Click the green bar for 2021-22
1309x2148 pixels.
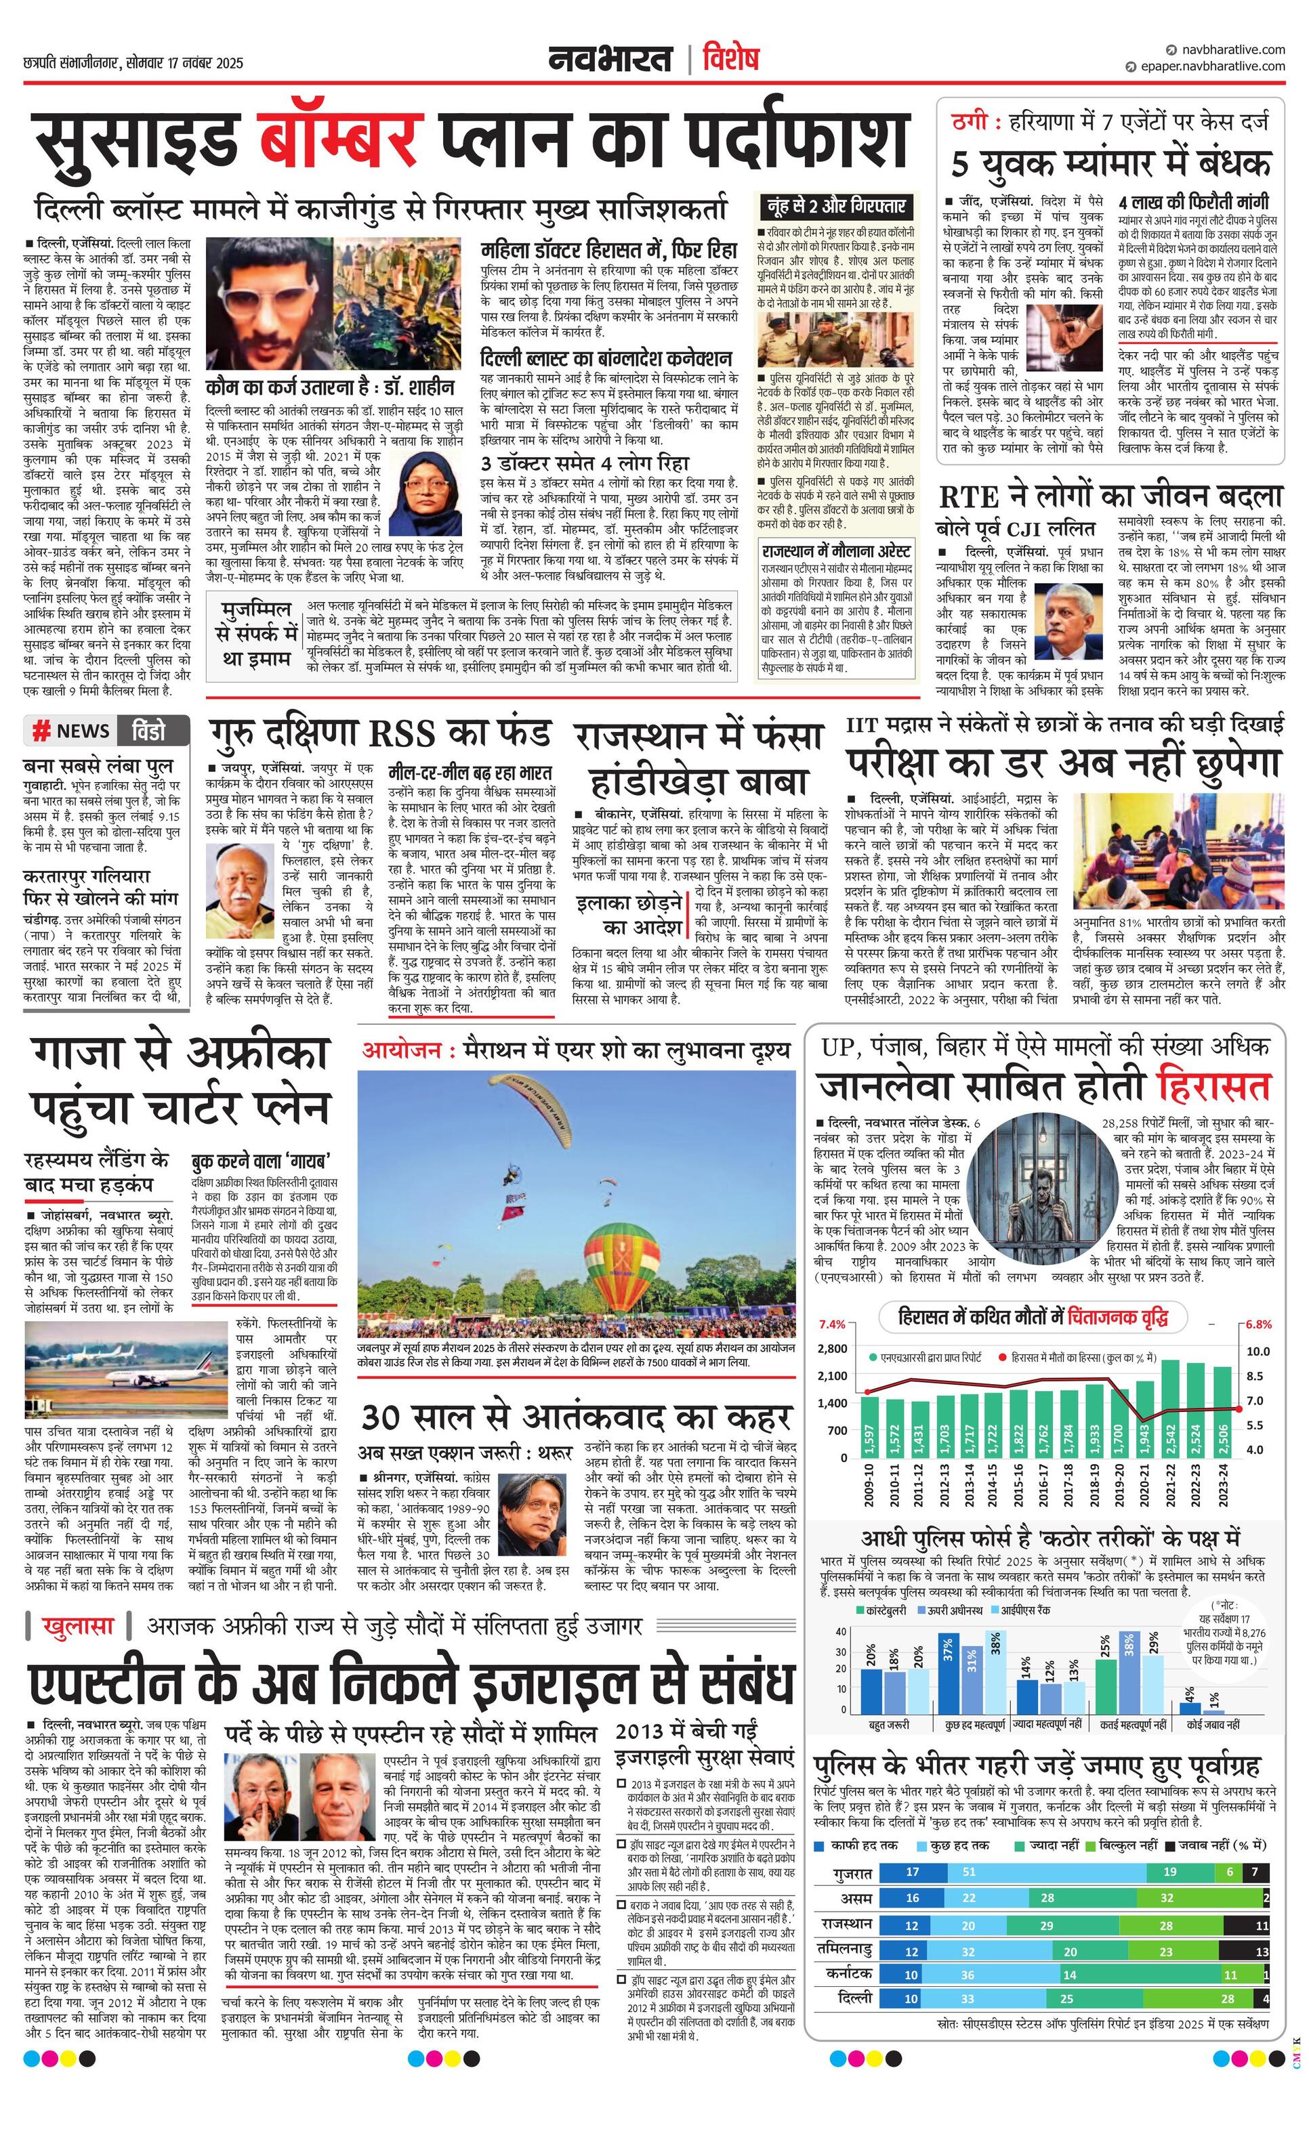point(1170,1408)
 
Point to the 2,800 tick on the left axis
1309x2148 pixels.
point(832,1349)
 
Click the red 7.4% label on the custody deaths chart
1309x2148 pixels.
point(832,1324)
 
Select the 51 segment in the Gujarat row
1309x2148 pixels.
point(969,1872)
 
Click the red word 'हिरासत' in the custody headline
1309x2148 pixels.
point(1213,1088)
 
